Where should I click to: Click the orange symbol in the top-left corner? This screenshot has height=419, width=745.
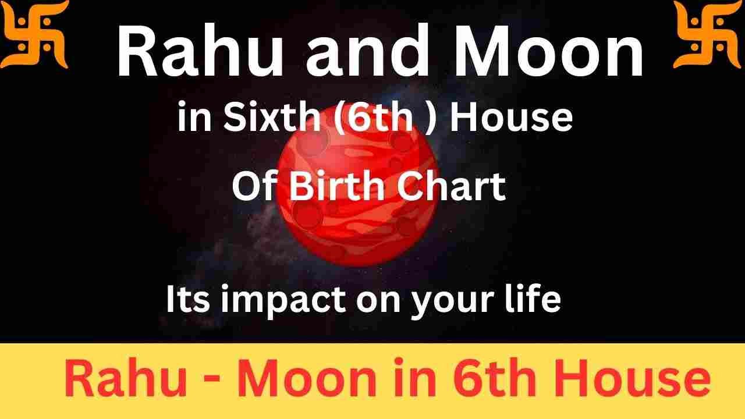pyautogui.click(x=34, y=33)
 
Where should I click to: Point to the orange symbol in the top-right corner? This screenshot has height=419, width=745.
pyautogui.click(x=708, y=33)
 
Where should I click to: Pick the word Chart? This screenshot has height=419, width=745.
pyautogui.click(x=455, y=187)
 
